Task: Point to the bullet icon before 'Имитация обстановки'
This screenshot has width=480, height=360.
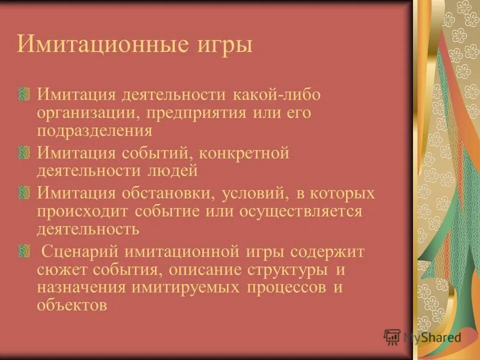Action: (21, 192)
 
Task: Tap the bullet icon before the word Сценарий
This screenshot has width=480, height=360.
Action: (21, 250)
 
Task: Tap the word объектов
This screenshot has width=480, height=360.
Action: (71, 305)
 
